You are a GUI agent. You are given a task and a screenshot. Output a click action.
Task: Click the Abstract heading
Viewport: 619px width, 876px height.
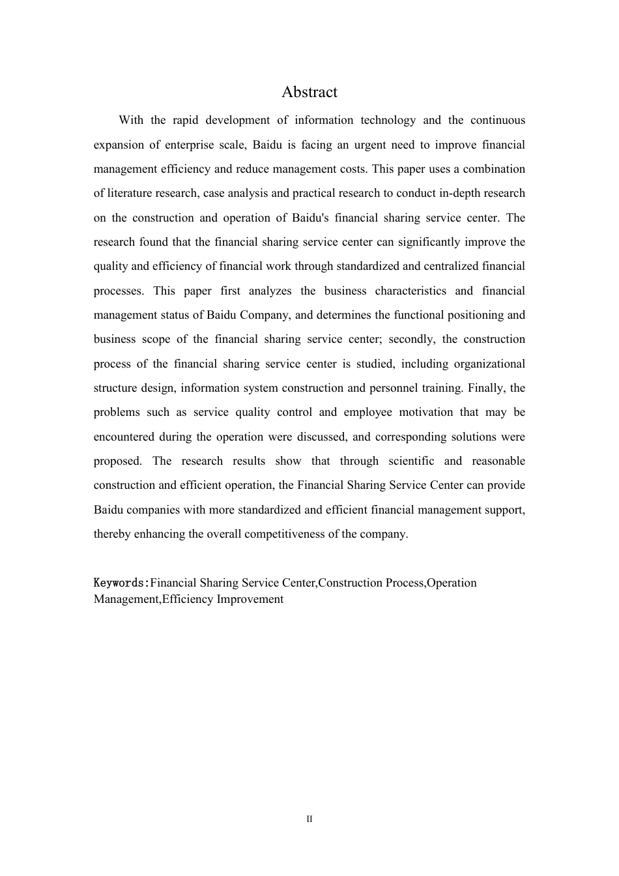(x=309, y=93)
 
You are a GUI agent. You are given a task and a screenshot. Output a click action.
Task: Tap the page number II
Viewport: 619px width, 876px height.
(x=309, y=819)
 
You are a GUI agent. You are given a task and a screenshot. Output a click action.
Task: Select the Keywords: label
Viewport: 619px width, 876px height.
(x=122, y=583)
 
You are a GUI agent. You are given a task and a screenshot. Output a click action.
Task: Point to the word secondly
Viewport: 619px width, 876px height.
(x=410, y=340)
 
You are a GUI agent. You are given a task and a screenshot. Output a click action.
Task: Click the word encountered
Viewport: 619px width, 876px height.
(x=124, y=437)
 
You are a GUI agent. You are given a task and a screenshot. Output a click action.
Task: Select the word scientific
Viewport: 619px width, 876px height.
(x=411, y=461)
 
